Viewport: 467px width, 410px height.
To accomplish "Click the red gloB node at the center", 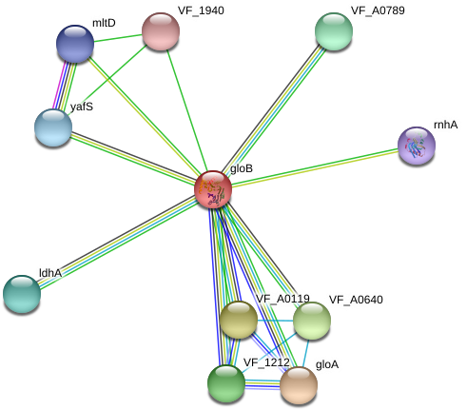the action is (213, 189).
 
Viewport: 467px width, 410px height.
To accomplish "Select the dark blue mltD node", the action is (75, 44).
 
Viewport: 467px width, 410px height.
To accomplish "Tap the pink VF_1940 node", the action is (161, 31).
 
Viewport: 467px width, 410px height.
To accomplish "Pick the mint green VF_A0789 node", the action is (334, 31).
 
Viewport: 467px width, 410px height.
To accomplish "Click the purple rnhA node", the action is (417, 146).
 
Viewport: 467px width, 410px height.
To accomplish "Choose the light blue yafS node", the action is (53, 127).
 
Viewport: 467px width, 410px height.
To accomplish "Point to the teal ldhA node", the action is (22, 294).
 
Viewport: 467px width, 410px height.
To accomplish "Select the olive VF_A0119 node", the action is (239, 320).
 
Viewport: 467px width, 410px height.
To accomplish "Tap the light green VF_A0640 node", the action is (312, 321).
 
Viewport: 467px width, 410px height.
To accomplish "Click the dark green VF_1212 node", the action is (226, 383).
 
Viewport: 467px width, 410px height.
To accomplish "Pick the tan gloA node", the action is (299, 385).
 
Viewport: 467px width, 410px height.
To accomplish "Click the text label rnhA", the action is (445, 125).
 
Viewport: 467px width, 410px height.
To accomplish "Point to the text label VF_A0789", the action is (378, 10).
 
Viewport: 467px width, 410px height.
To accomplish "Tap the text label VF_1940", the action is (201, 10).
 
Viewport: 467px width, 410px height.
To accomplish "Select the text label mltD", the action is (104, 23).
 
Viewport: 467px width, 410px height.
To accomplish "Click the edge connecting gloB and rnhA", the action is (315, 167).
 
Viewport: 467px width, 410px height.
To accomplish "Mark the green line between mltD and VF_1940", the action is (118, 38).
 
